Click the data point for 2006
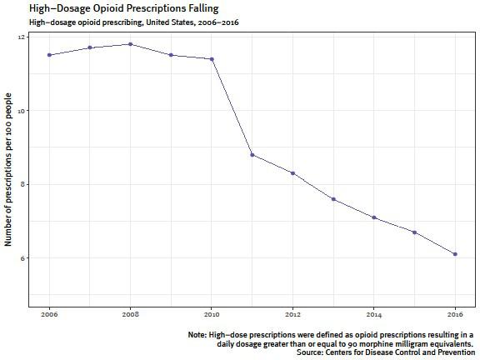(49, 55)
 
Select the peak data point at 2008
(131, 44)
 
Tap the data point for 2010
(212, 59)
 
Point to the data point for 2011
(252, 155)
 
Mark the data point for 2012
(292, 173)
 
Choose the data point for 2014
(374, 217)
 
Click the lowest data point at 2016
(455, 254)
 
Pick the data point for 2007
(90, 47)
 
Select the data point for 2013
(333, 199)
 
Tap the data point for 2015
(414, 232)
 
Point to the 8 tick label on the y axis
(22, 184)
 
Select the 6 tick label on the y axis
(22, 257)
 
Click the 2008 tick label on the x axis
(131, 316)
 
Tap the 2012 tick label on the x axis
(292, 316)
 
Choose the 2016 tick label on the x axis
(455, 316)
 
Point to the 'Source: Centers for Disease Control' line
(385, 352)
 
